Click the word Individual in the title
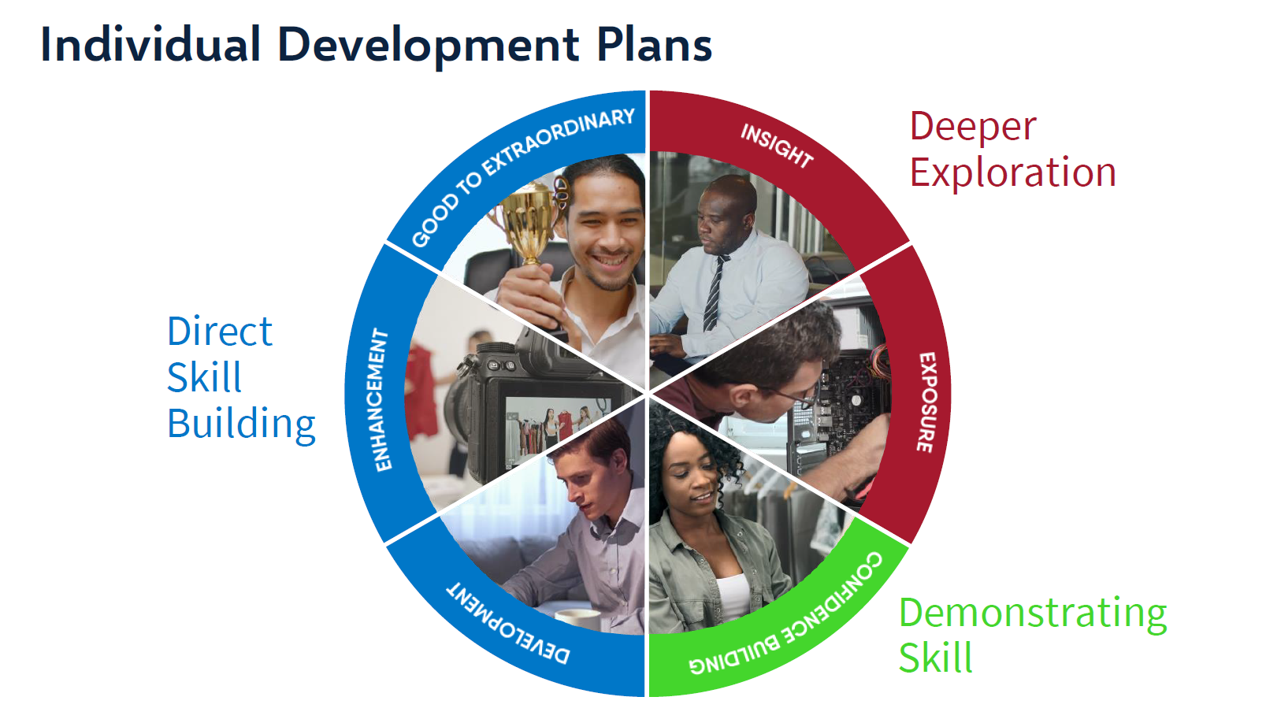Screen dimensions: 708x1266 click(150, 45)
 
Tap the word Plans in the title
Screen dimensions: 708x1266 click(654, 45)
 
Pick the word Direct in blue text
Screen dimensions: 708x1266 click(220, 332)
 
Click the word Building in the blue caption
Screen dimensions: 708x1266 click(241, 424)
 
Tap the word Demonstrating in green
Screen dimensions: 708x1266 click(1032, 613)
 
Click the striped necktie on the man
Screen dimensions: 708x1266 click(714, 291)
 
